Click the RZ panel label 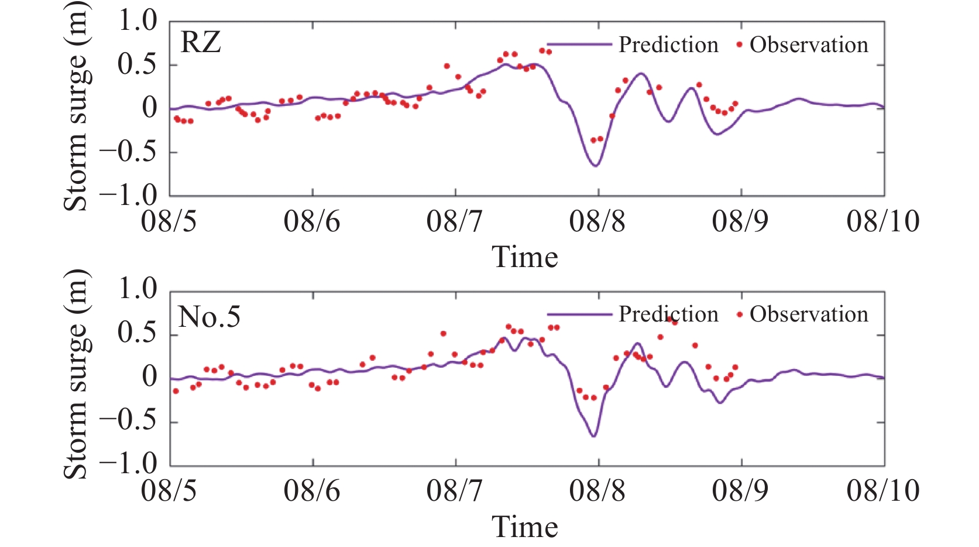click(x=201, y=43)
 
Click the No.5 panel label click(x=209, y=317)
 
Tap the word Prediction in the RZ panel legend click(x=668, y=45)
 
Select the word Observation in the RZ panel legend click(x=809, y=45)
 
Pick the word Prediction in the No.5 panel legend click(x=668, y=314)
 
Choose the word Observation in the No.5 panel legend click(x=809, y=314)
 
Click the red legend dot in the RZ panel click(x=740, y=45)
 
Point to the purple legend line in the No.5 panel click(x=579, y=314)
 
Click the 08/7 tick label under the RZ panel click(x=455, y=222)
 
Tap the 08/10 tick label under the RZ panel click(x=882, y=222)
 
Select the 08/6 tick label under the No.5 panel click(x=312, y=491)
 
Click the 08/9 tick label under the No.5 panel click(x=740, y=491)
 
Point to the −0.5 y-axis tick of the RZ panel click(x=129, y=152)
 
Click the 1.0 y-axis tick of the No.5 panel click(x=138, y=289)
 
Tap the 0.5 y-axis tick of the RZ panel click(x=138, y=64)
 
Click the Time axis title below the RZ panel click(x=525, y=257)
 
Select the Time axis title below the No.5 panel click(x=525, y=527)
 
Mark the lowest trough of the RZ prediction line click(x=595, y=166)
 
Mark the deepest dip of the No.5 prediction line click(x=593, y=436)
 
